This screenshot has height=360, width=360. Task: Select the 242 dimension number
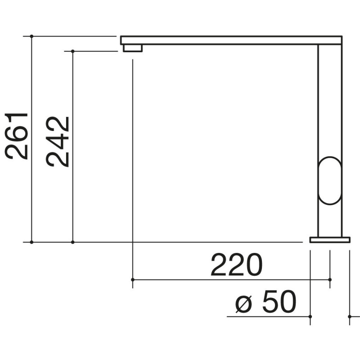coord(58,142)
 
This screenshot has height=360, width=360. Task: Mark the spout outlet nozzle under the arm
coord(132,48)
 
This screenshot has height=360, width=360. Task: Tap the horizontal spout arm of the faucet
coord(229,40)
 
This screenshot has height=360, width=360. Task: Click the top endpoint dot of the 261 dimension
coord(31,36)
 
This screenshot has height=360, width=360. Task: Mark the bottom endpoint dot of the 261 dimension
coord(31,242)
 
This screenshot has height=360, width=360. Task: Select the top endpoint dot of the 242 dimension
coord(72,51)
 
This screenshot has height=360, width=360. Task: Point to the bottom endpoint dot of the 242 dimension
coord(72,242)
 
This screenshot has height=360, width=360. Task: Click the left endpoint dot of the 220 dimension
coord(132,280)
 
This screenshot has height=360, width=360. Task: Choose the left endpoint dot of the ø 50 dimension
coord(310,317)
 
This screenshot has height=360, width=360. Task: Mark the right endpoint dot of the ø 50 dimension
coord(350,317)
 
